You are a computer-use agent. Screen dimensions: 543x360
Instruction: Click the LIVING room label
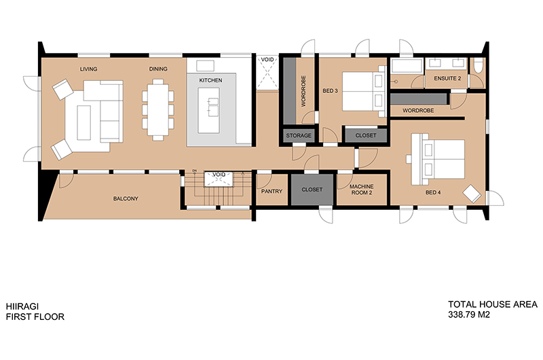89,69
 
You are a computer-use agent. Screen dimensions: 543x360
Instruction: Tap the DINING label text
158,69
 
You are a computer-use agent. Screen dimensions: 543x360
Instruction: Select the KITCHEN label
210,80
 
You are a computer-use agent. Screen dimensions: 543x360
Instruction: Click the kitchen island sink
213,106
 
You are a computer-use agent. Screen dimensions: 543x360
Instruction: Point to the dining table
158,109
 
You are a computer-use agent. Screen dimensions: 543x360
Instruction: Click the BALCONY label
126,198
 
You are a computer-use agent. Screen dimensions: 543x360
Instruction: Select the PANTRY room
272,190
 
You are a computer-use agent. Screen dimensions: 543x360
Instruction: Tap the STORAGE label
299,135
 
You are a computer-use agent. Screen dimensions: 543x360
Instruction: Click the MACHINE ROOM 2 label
362,190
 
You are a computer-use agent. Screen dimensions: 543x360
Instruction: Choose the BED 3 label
330,91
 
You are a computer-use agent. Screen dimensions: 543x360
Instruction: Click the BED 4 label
433,192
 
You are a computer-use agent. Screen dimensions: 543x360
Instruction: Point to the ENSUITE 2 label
447,78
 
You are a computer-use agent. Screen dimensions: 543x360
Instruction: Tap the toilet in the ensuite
478,65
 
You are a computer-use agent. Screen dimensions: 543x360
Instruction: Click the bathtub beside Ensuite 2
407,66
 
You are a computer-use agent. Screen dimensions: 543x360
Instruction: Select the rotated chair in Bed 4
472,194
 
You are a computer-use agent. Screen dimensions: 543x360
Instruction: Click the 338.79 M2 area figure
469,315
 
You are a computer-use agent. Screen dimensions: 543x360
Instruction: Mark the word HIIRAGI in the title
22,306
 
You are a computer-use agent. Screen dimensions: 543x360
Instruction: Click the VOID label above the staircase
219,175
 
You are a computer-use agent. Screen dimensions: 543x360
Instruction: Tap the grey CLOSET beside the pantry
312,190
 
